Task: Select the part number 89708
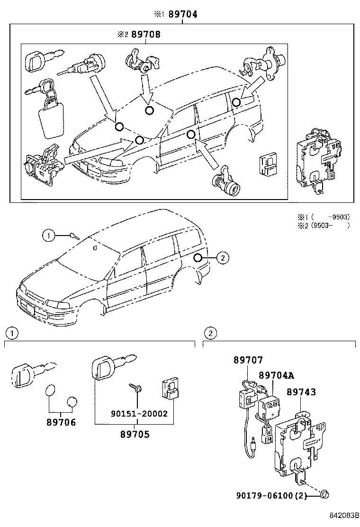tap(146, 35)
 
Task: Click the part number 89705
tap(134, 434)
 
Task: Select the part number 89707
tap(248, 361)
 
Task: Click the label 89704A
tap(276, 375)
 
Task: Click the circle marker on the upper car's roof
tap(149, 110)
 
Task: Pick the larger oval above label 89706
tap(51, 392)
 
